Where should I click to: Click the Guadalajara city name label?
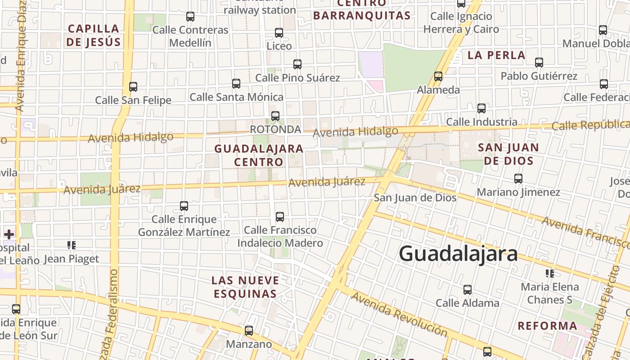tap(458, 253)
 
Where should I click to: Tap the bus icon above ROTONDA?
tap(275, 116)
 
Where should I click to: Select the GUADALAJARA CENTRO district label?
tap(259, 155)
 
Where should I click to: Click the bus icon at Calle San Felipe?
tap(133, 86)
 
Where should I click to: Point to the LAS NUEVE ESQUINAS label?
tap(245, 287)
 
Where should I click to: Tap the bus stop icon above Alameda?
tap(438, 76)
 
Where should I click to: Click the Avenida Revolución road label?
tap(399, 314)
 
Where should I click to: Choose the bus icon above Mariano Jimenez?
tap(518, 179)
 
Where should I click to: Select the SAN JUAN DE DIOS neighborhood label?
tap(508, 154)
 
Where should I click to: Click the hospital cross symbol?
tap(9, 234)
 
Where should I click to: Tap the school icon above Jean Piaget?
tap(71, 245)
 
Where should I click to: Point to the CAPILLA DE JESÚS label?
tap(94, 35)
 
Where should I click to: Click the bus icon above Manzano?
tap(249, 331)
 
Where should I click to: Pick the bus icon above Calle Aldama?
tap(468, 289)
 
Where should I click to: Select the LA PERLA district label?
tap(496, 55)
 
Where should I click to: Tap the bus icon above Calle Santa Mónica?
tap(236, 83)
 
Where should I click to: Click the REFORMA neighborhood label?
tap(547, 326)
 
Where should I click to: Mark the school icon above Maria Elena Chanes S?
tap(549, 273)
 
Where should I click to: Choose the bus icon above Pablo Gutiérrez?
tap(539, 62)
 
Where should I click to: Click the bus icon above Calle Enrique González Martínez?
tap(184, 206)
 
